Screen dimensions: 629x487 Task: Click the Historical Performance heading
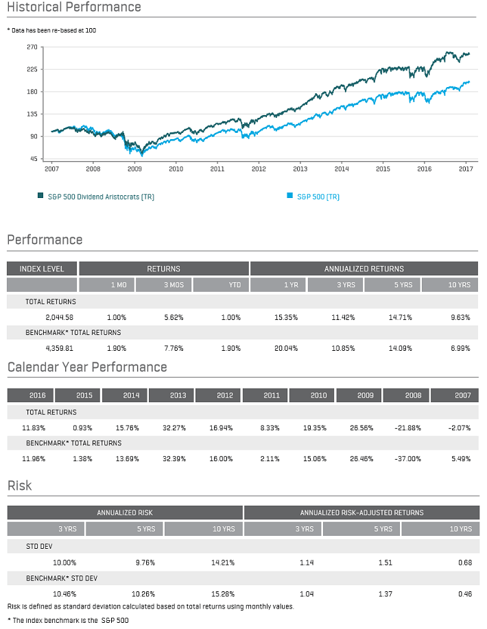tap(74, 8)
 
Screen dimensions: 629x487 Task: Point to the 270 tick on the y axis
tap(32, 47)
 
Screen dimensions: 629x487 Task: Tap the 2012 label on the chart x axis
tap(259, 168)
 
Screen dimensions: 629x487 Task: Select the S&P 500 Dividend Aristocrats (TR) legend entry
tap(96, 197)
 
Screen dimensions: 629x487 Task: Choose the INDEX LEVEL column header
tap(42, 269)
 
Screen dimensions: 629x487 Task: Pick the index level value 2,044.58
tap(59, 317)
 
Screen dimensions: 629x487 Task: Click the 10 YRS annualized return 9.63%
tap(460, 317)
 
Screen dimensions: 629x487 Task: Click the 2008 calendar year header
tap(406, 395)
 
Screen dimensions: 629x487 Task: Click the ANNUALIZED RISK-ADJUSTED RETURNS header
tap(361, 513)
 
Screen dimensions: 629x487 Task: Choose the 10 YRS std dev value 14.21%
tap(223, 563)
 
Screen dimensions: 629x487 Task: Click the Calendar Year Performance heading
tap(87, 367)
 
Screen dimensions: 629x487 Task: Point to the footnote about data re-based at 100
tap(51, 31)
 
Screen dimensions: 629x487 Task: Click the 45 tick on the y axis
tap(33, 158)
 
